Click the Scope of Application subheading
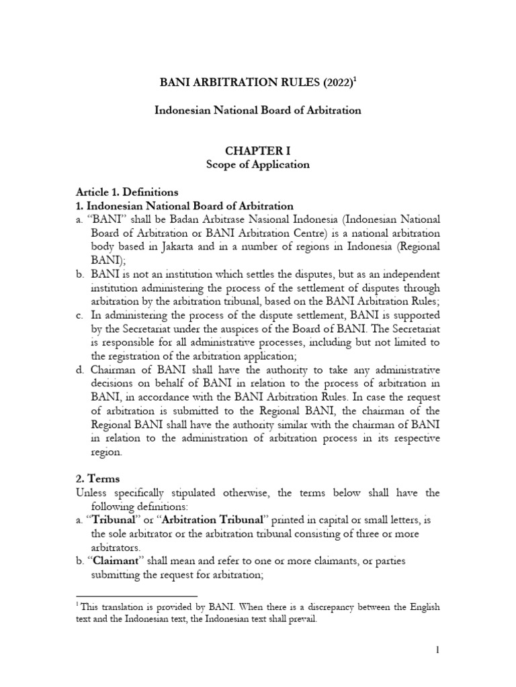click(258, 164)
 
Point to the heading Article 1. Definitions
click(127, 191)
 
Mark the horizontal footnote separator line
click(137, 595)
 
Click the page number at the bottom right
click(437, 649)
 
